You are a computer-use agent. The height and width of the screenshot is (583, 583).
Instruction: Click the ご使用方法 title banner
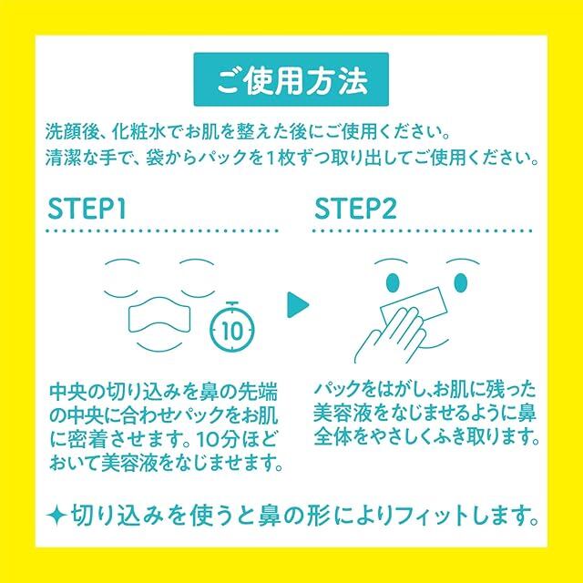click(291, 79)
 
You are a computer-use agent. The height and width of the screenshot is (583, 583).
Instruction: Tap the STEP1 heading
click(87, 209)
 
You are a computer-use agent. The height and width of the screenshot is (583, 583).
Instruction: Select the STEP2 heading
click(355, 209)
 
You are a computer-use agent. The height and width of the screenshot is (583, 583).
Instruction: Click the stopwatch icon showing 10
click(233, 327)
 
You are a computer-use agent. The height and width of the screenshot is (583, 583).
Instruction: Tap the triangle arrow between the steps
click(297, 305)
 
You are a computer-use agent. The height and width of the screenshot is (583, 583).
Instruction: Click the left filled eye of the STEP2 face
click(393, 283)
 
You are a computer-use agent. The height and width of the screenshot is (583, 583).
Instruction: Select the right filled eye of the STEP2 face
click(461, 283)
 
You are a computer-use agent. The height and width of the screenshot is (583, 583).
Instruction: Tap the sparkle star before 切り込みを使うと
click(56, 516)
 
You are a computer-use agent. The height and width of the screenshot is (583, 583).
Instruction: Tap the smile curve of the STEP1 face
click(160, 346)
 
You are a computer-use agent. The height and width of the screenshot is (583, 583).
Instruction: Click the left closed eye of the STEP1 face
click(121, 293)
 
